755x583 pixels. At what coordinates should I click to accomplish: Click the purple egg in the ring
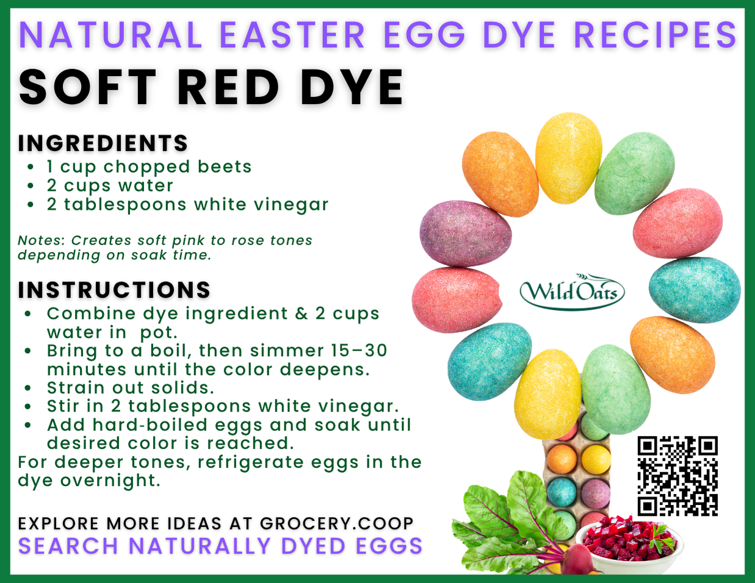[x=465, y=234]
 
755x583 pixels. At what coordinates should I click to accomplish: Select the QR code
[x=677, y=476]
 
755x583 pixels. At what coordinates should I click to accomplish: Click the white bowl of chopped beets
[x=629, y=546]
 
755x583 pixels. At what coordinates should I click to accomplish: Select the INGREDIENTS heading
[x=103, y=143]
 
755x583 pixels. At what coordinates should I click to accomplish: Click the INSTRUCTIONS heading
[x=114, y=290]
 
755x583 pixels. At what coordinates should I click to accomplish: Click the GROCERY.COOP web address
[x=336, y=523]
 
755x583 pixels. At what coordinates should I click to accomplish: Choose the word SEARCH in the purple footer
[x=68, y=546]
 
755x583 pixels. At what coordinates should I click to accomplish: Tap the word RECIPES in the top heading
[x=656, y=35]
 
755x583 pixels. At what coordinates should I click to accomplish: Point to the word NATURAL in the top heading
[x=111, y=35]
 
